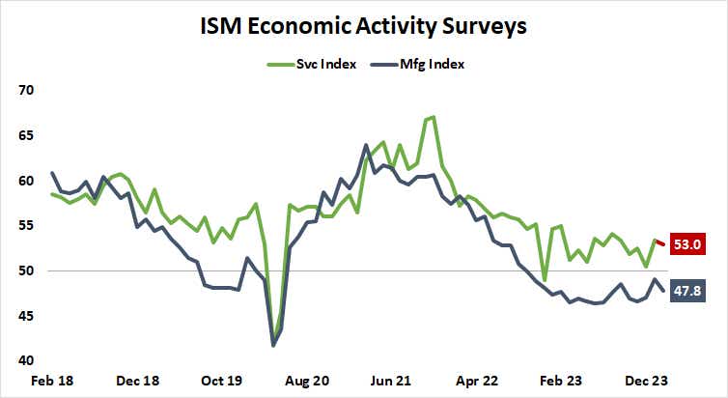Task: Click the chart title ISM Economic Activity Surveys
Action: click(x=363, y=26)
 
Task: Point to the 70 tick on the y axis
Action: click(x=25, y=90)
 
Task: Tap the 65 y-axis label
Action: click(x=25, y=135)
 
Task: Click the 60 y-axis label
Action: click(x=25, y=181)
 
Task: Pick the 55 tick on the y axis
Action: click(x=25, y=225)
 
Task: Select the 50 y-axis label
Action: click(x=25, y=270)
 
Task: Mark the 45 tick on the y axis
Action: click(x=25, y=316)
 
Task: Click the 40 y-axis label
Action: click(x=25, y=360)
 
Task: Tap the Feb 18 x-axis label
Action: click(x=51, y=381)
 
